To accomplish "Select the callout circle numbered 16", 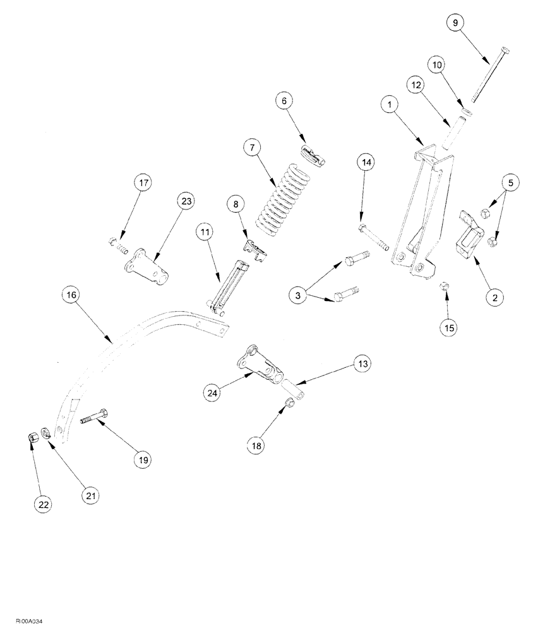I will (x=72, y=295).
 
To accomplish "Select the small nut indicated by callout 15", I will (x=444, y=287).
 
